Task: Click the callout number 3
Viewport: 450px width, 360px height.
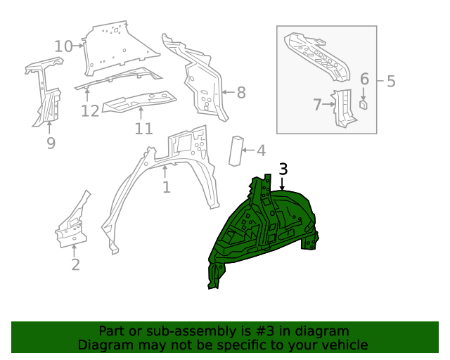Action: pyautogui.click(x=283, y=169)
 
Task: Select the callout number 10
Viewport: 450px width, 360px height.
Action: pyautogui.click(x=63, y=46)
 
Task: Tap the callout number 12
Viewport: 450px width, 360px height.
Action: pyautogui.click(x=90, y=110)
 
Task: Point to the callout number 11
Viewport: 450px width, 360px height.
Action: pyautogui.click(x=143, y=129)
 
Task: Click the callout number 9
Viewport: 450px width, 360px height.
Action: pyautogui.click(x=51, y=143)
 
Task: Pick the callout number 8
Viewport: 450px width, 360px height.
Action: pyautogui.click(x=240, y=92)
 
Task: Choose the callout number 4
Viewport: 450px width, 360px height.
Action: pyautogui.click(x=260, y=150)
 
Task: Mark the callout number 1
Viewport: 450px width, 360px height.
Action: pyautogui.click(x=166, y=188)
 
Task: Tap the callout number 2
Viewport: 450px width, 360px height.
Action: pyautogui.click(x=75, y=264)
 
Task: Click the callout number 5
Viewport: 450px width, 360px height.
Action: pyautogui.click(x=391, y=82)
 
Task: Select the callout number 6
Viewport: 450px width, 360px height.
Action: pyautogui.click(x=364, y=79)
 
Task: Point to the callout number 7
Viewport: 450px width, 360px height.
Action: pyautogui.click(x=317, y=105)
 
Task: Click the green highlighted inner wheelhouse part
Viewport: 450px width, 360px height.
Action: pyautogui.click(x=267, y=225)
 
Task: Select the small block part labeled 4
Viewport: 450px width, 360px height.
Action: pyautogui.click(x=236, y=150)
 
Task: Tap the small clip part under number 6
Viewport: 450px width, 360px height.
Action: pyautogui.click(x=364, y=104)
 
